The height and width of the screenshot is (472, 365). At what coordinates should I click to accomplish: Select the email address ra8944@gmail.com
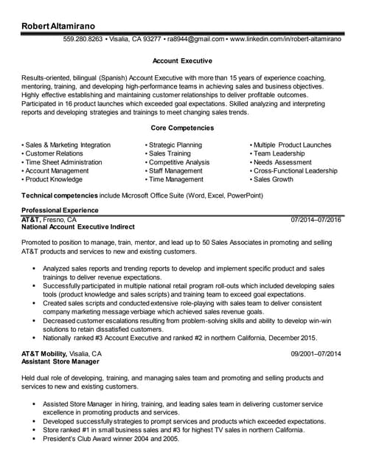[195, 39]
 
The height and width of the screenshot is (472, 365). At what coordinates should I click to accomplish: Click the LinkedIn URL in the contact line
[286, 39]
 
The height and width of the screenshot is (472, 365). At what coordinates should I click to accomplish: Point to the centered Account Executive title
[182, 60]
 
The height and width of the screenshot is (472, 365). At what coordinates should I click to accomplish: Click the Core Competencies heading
[182, 128]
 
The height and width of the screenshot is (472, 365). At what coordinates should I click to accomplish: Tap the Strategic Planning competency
[175, 145]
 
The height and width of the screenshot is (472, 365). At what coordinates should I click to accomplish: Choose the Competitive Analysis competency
[178, 162]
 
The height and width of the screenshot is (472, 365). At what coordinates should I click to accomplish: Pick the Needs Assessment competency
[282, 162]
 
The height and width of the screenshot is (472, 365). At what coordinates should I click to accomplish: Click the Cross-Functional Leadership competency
[296, 171]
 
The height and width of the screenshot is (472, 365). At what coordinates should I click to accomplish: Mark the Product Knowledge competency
[53, 179]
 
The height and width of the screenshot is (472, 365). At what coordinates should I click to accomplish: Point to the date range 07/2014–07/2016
[316, 220]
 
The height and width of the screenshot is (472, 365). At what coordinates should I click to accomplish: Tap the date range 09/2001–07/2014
[316, 354]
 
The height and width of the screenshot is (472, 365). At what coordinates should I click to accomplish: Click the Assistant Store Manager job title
[60, 362]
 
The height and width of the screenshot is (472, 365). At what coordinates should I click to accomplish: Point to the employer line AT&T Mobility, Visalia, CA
[62, 354]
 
